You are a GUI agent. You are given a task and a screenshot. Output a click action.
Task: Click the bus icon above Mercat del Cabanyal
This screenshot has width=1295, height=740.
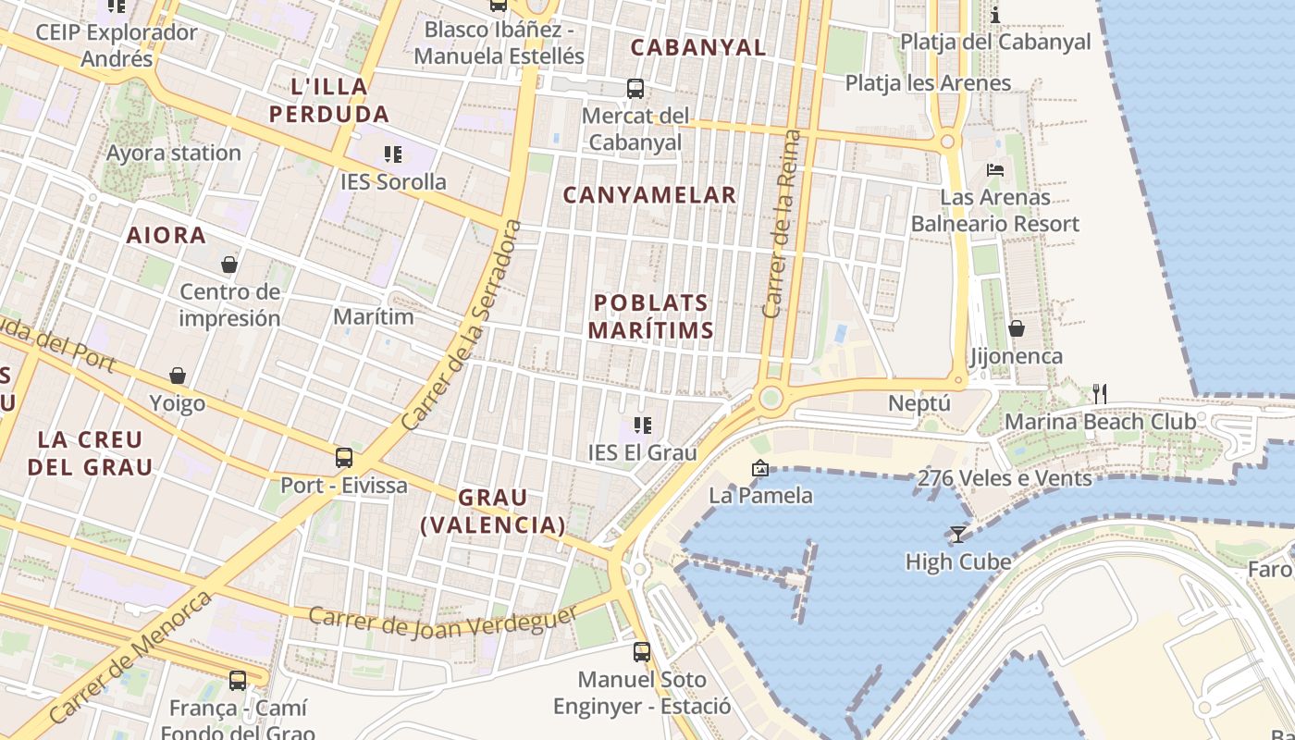tap(635, 89)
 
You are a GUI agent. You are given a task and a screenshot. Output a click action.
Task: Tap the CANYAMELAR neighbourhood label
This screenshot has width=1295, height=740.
tap(649, 195)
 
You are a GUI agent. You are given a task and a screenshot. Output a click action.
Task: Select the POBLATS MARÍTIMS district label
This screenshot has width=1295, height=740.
tap(651, 316)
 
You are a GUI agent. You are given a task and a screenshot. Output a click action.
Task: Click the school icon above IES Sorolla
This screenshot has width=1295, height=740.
tap(393, 154)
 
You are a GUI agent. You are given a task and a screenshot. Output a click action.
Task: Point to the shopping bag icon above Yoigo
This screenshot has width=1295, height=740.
tap(178, 376)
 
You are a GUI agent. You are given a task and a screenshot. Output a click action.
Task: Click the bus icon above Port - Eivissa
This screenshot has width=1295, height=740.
tap(344, 457)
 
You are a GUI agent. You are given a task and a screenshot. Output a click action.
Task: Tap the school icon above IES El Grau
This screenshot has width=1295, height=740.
tap(643, 425)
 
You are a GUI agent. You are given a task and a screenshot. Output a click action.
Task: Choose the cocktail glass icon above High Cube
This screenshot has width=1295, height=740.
tap(957, 534)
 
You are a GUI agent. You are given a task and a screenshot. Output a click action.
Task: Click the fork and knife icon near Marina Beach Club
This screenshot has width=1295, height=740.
tap(1100, 394)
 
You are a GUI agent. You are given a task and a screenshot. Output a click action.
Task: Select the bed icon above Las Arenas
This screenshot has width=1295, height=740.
tap(995, 169)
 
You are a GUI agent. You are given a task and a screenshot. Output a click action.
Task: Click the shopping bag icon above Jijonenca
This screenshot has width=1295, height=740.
tap(1017, 328)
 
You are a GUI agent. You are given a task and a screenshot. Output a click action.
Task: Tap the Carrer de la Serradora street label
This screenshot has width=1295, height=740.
tap(461, 326)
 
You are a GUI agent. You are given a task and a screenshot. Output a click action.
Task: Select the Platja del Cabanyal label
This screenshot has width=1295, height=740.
tap(995, 42)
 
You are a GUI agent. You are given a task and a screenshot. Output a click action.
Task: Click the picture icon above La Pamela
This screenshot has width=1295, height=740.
tap(760, 468)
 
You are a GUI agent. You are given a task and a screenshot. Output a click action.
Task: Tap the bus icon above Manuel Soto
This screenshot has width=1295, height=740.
tap(642, 651)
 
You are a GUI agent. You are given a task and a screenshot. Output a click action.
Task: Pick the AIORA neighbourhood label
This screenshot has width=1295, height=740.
tap(166, 235)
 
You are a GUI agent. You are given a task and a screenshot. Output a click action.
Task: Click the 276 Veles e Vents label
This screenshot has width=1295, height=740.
tap(1005, 478)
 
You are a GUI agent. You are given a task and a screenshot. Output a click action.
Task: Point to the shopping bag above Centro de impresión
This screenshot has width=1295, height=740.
tap(229, 265)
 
